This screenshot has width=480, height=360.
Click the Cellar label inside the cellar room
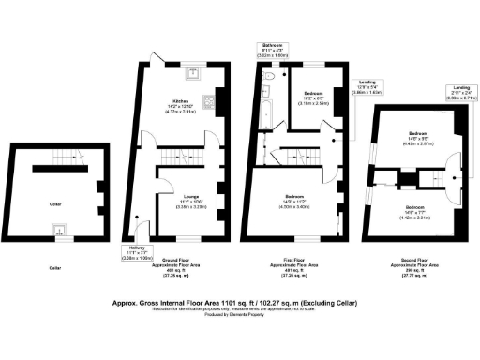click(x=55, y=202)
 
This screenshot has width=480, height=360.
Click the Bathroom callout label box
click(x=274, y=50)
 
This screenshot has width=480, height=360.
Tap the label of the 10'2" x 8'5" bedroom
click(x=315, y=97)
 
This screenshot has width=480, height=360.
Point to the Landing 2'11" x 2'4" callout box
click(x=457, y=91)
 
